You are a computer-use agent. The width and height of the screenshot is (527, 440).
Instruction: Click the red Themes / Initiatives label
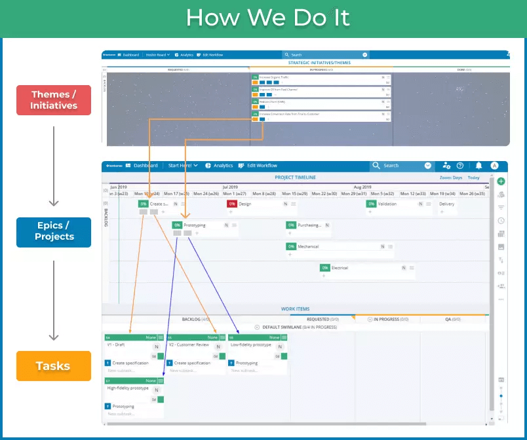pyautogui.click(x=54, y=100)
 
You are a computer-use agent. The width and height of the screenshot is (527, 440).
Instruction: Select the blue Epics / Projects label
pyautogui.click(x=54, y=231)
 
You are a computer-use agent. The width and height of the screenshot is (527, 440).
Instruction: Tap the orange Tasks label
pyautogui.click(x=54, y=366)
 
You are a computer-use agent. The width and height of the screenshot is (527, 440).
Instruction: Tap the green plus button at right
pyautogui.click(x=501, y=181)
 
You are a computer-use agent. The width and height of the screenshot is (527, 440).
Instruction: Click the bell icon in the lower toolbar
pyautogui.click(x=478, y=166)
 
